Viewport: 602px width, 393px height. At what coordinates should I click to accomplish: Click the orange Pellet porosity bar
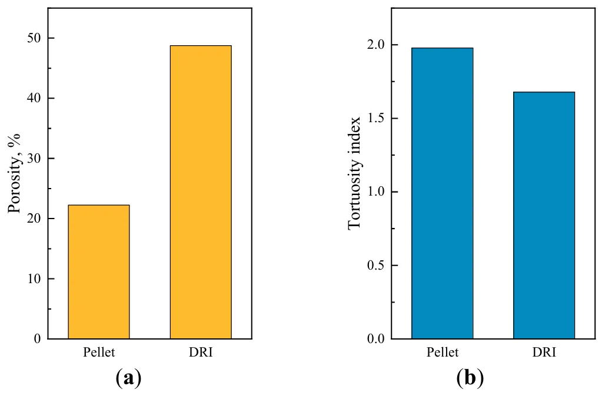99,271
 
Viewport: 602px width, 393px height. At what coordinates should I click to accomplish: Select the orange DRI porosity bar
201,192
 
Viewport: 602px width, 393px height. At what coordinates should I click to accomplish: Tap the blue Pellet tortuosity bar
442,193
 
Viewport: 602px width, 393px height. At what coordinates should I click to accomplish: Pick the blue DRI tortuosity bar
544,215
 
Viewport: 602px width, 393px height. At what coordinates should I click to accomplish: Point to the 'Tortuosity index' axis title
355,174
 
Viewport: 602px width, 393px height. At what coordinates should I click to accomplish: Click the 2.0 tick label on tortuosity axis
374,45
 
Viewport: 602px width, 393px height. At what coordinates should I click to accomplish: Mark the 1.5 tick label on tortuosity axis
374,119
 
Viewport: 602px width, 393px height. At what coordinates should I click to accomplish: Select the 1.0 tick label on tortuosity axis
374,192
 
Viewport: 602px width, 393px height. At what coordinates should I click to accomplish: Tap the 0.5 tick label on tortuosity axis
374,266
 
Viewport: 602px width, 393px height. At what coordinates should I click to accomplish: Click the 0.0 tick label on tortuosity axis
374,339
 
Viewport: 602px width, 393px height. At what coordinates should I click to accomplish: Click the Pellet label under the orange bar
99,352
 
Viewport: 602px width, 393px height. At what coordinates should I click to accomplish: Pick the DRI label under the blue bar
544,352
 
